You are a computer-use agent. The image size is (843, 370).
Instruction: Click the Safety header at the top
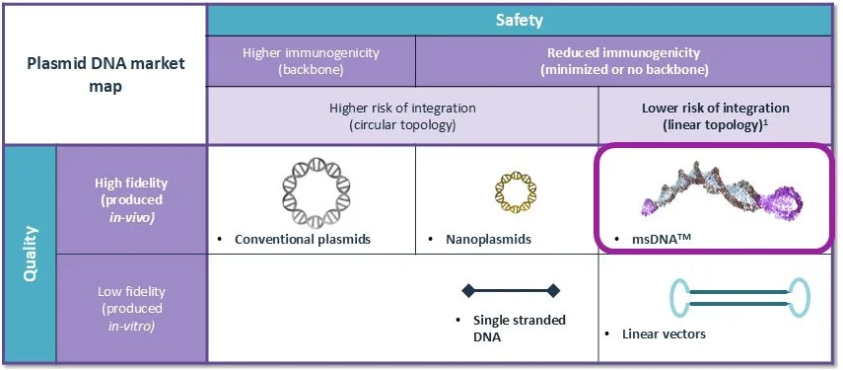pyautogui.click(x=521, y=19)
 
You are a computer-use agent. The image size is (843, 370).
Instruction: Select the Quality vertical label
pyautogui.click(x=31, y=254)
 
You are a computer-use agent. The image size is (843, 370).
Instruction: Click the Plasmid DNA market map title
pyautogui.click(x=104, y=74)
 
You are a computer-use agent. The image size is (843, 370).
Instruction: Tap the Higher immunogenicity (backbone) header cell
pyautogui.click(x=311, y=61)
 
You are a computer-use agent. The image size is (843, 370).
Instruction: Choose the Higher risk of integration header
pyautogui.click(x=402, y=115)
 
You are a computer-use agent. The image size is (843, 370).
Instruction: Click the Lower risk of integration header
pyautogui.click(x=716, y=115)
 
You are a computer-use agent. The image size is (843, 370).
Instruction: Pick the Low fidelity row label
pyautogui.click(x=131, y=308)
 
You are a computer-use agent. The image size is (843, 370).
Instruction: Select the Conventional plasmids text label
pyautogui.click(x=302, y=239)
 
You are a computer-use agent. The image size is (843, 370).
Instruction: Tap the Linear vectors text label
pyautogui.click(x=664, y=333)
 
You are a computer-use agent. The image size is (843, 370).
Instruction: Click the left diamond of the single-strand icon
pyautogui.click(x=468, y=290)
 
